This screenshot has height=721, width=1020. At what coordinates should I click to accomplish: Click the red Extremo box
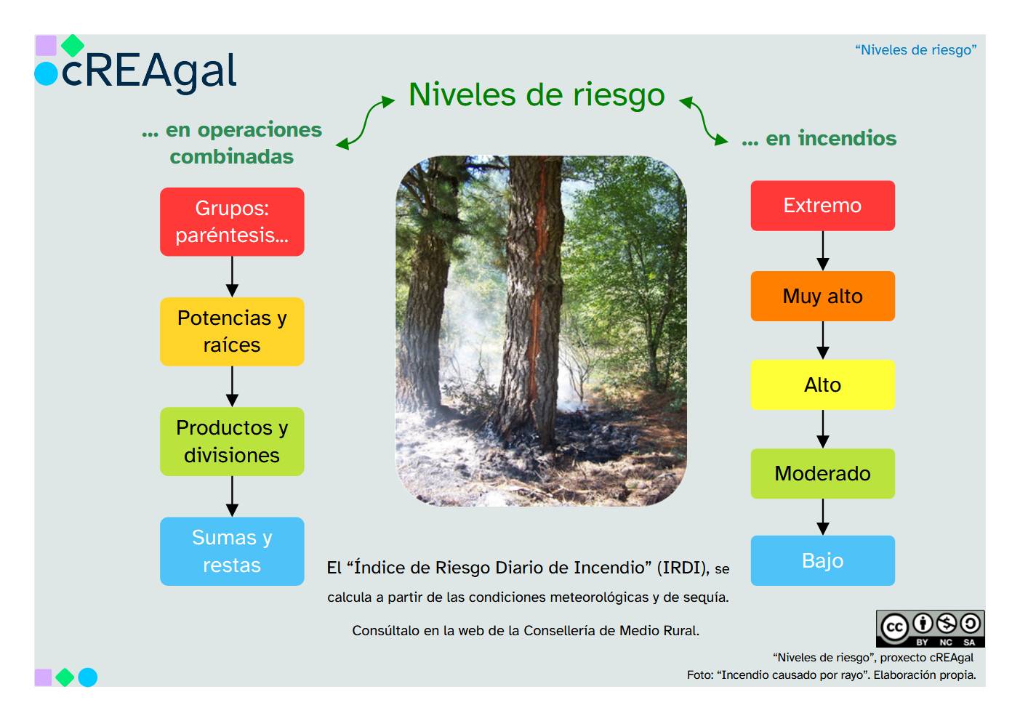click(822, 206)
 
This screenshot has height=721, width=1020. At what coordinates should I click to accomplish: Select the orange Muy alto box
click(822, 296)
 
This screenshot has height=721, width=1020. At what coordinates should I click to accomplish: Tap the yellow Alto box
click(822, 384)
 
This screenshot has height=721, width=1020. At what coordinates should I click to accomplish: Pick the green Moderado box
click(822, 473)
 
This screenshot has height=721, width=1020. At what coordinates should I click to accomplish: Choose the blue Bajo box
click(822, 560)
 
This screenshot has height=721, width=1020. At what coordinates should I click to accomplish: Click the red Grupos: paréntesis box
click(232, 222)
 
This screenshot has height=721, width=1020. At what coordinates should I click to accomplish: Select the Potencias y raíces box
click(232, 331)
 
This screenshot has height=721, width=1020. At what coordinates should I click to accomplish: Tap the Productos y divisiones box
click(232, 441)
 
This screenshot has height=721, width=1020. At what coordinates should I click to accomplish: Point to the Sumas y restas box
click(232, 551)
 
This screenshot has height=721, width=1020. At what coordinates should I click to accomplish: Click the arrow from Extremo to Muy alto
click(822, 251)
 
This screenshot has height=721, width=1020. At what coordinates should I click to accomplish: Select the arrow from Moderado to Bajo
click(822, 517)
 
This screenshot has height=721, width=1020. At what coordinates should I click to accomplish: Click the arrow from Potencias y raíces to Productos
click(232, 386)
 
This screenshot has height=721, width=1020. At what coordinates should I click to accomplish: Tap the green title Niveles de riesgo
click(537, 94)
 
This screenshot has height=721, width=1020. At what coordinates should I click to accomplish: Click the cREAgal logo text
click(149, 71)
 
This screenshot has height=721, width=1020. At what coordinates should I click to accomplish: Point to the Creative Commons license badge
click(930, 628)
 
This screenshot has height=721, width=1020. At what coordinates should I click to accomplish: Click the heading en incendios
click(819, 138)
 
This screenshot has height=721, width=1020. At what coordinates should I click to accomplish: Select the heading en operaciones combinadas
click(232, 142)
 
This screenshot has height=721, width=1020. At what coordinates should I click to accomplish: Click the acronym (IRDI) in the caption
click(683, 568)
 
